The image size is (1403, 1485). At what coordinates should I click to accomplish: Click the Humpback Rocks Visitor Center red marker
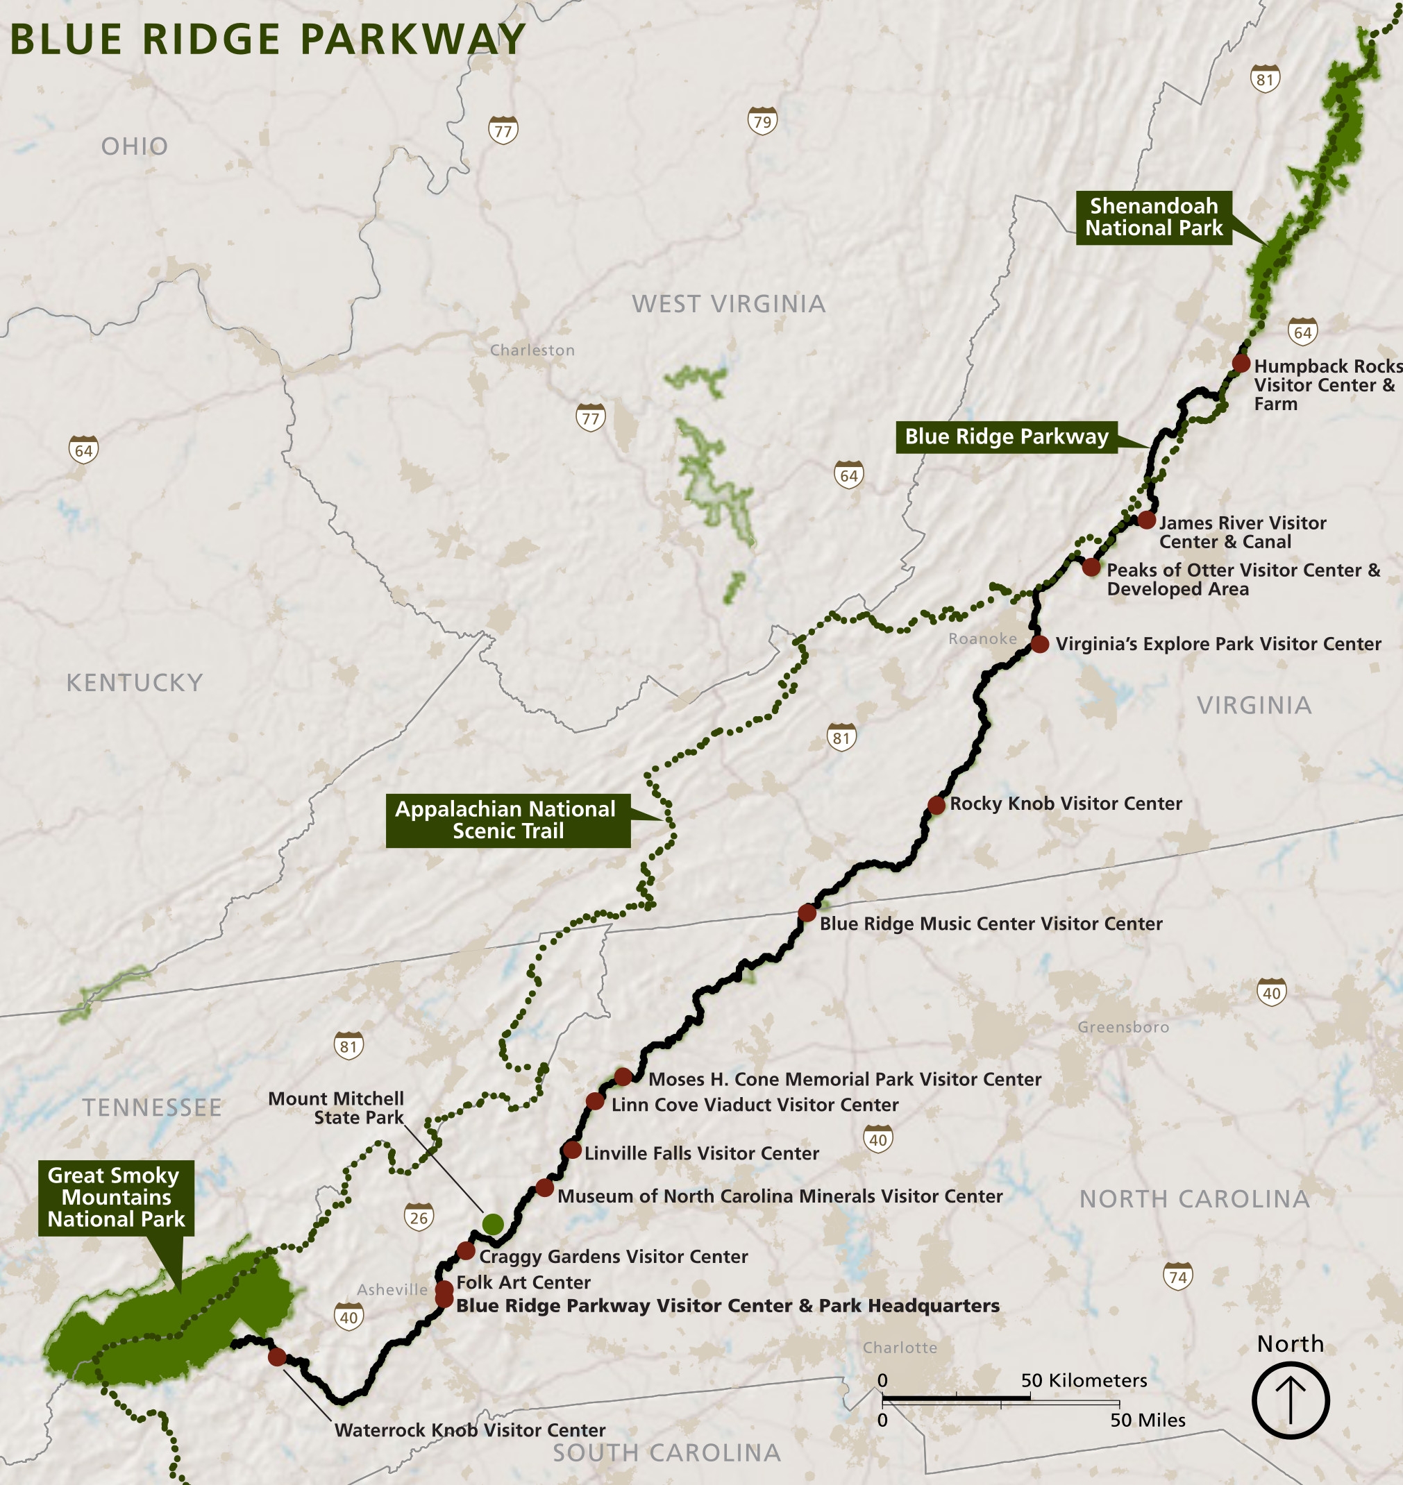click(1241, 364)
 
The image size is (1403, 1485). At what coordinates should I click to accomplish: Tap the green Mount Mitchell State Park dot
click(493, 1224)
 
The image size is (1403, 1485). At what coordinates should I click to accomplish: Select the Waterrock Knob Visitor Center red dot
click(278, 1357)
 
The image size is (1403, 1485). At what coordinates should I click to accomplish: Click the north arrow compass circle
click(1290, 1400)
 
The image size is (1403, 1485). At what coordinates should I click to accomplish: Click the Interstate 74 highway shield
click(1178, 1276)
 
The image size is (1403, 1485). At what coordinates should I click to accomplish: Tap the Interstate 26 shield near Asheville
click(419, 1218)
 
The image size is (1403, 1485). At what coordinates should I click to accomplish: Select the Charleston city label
click(532, 350)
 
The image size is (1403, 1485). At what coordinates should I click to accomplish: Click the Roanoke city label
click(982, 638)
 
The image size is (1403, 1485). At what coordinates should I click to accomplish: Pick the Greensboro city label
click(1123, 1026)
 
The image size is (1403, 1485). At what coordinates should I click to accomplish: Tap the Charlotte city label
click(900, 1348)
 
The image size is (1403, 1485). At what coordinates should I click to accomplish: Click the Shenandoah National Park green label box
click(1153, 217)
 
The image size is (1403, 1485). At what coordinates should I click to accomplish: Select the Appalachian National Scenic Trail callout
click(507, 820)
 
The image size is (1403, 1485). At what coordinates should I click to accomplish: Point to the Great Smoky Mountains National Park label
click(116, 1197)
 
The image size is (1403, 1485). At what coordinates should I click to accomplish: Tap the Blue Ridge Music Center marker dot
click(807, 913)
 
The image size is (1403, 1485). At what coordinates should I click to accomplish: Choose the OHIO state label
click(135, 146)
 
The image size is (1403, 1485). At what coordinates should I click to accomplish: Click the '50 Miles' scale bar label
click(1148, 1420)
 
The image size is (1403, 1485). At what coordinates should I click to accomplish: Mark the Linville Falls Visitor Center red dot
click(572, 1150)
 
